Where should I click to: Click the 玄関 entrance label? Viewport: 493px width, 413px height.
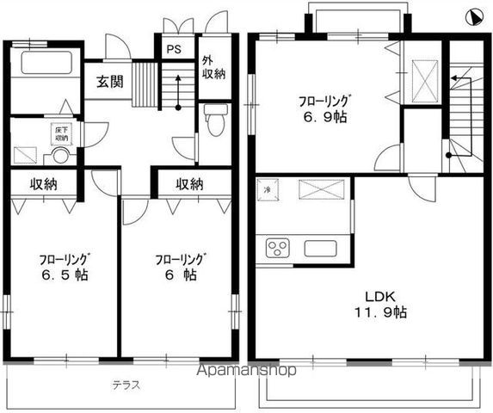[108, 83]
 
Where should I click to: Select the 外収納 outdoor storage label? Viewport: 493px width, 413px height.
[210, 67]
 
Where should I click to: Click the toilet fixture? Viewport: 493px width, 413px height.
[214, 118]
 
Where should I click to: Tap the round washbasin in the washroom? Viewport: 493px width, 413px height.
[60, 157]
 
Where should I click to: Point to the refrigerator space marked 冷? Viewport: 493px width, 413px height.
[268, 189]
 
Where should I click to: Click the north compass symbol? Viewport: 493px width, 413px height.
[472, 16]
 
